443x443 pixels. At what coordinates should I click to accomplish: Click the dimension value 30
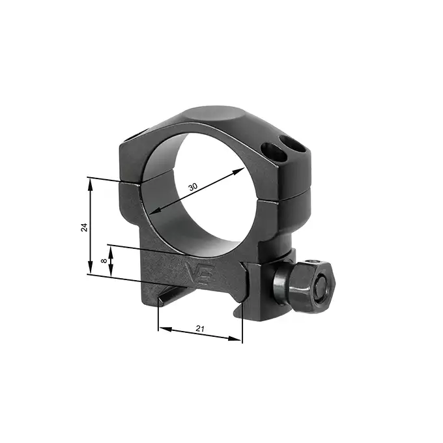192,187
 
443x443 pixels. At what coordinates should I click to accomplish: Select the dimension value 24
83,227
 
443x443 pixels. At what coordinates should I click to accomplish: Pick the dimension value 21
200,329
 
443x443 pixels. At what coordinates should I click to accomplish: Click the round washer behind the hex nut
281,287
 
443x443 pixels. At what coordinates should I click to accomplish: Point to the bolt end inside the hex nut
321,291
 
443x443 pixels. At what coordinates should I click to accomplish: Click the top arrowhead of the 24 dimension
91,183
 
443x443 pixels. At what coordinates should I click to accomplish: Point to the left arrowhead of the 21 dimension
164,329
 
